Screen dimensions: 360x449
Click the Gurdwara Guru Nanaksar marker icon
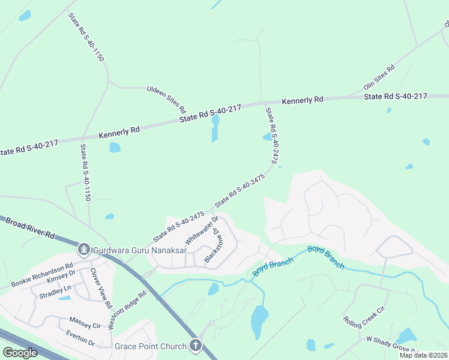click(84, 247)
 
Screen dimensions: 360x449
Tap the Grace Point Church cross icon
click(195, 345)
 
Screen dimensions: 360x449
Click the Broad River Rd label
click(31, 228)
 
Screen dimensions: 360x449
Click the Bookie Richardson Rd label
click(41, 274)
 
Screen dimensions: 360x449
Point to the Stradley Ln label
click(55, 293)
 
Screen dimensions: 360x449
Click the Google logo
click(20, 353)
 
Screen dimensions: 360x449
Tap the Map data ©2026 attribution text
click(423, 355)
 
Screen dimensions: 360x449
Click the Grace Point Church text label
click(151, 346)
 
